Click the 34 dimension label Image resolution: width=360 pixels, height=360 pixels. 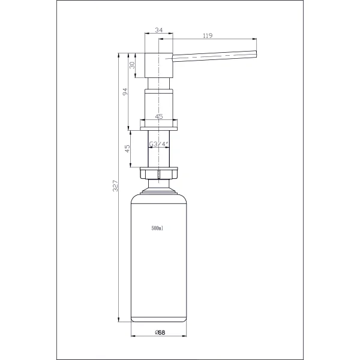(159, 30)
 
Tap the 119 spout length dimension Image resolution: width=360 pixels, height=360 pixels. (208, 35)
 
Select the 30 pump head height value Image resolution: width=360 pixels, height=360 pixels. (132, 65)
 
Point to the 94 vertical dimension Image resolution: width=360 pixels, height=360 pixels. (125, 92)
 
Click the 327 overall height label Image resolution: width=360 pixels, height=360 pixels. (115, 186)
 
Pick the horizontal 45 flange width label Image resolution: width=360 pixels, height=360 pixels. (159, 116)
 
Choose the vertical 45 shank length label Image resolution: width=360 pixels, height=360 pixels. (127, 148)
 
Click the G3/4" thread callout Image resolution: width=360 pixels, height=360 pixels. (159, 144)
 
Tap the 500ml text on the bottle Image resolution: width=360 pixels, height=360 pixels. (157, 228)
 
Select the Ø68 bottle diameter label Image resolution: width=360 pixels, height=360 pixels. (160, 332)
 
